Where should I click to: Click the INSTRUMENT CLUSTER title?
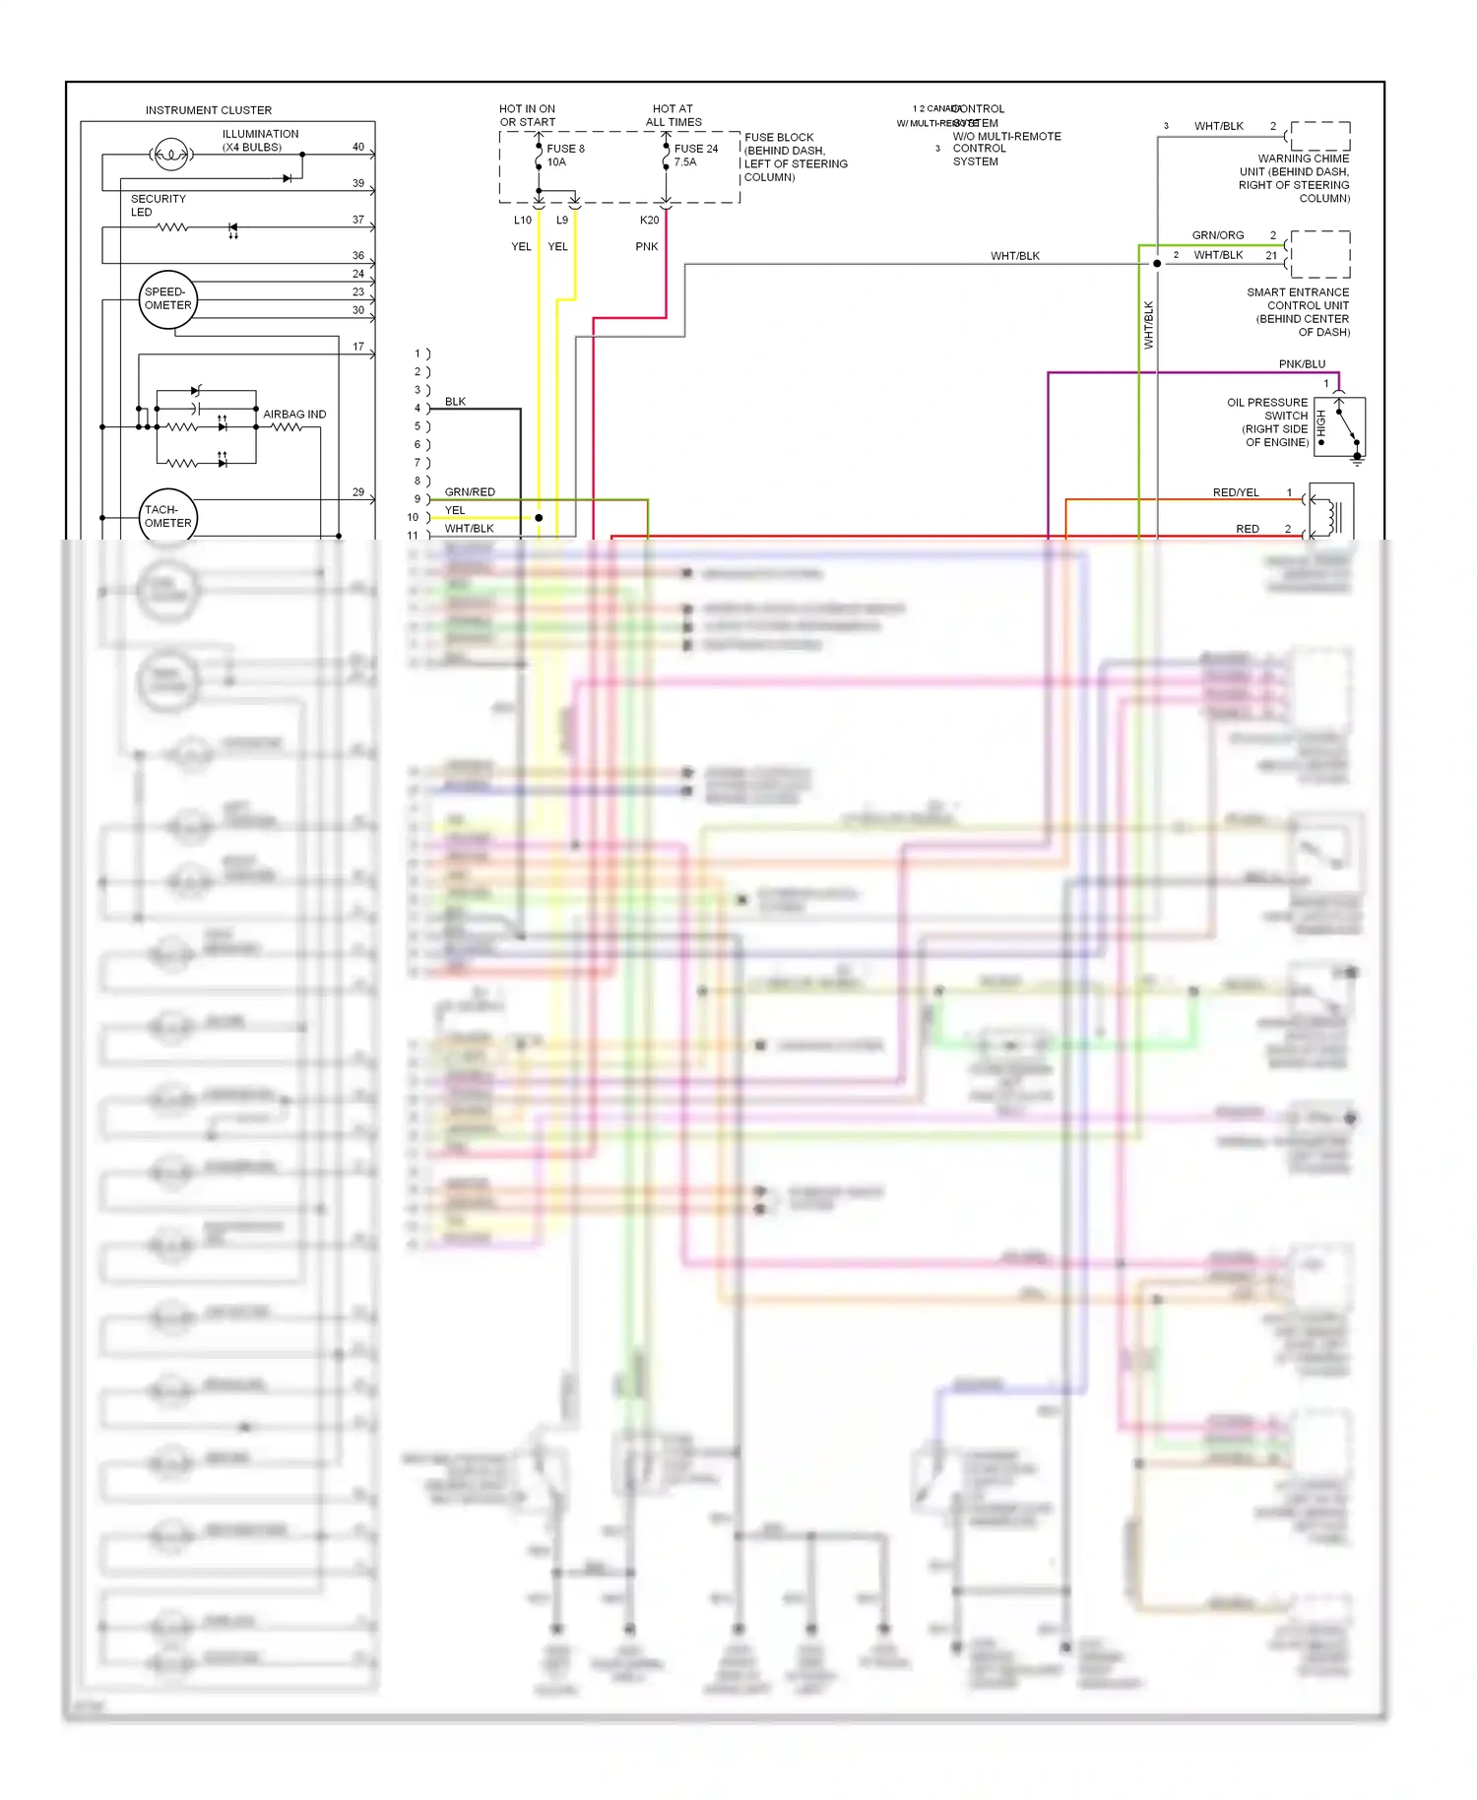click(x=208, y=110)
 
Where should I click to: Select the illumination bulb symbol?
click(x=171, y=155)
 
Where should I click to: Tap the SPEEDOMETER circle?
click(x=168, y=299)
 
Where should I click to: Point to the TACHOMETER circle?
click(x=168, y=517)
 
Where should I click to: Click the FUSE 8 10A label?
click(x=565, y=156)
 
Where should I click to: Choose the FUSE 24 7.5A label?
click(x=695, y=156)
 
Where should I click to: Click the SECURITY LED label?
click(x=158, y=205)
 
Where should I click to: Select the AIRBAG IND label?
click(x=294, y=415)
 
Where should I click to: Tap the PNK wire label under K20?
click(x=647, y=247)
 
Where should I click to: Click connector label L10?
click(x=523, y=221)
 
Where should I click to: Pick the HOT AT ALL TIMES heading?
click(x=674, y=115)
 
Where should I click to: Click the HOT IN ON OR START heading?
click(x=527, y=115)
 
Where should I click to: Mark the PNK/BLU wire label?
click(x=1302, y=364)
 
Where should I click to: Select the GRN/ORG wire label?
click(x=1218, y=235)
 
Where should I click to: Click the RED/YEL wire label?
click(x=1236, y=492)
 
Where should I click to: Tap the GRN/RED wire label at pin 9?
click(x=470, y=492)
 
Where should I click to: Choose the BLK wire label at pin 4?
click(x=455, y=402)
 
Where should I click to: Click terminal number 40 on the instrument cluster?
click(x=358, y=148)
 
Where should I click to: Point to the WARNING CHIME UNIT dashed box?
click(x=1319, y=136)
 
